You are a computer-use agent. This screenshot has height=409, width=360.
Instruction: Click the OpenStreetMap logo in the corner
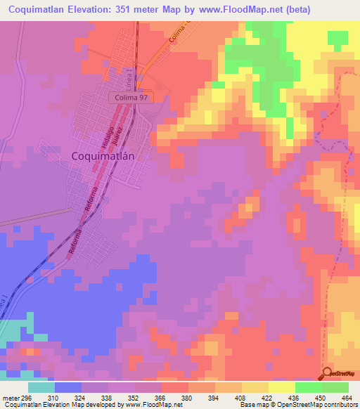click(x=340, y=374)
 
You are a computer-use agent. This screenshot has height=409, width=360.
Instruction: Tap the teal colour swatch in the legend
click(x=41, y=387)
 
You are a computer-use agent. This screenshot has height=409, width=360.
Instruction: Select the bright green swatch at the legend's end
click(x=335, y=387)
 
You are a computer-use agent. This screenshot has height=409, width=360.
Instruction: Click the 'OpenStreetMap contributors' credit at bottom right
click(x=317, y=405)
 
